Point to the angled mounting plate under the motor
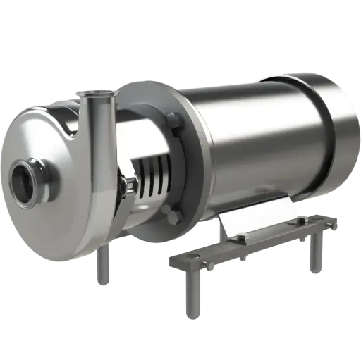257,215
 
